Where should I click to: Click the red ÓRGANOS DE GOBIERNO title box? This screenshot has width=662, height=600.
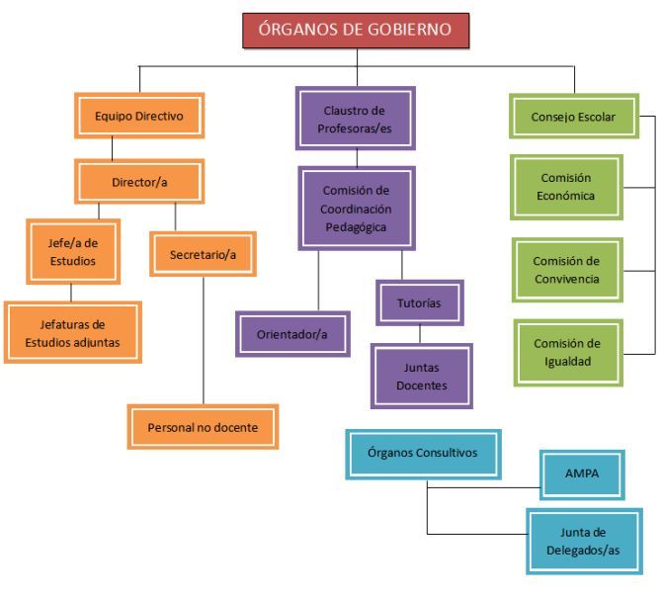point(356,30)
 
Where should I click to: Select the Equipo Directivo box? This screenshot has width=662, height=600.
point(139,116)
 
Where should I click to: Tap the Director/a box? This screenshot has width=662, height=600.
point(139,182)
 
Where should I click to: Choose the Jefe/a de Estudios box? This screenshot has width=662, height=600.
point(73,251)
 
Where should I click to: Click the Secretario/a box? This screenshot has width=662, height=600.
point(203,254)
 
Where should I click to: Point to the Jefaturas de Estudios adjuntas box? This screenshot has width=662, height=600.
point(72,332)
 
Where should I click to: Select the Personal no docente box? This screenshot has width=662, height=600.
point(203,427)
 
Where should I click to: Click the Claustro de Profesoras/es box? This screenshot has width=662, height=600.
point(355,118)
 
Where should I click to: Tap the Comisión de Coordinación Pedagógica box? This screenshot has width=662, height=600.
point(356,208)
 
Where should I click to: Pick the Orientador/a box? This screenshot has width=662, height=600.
point(291,334)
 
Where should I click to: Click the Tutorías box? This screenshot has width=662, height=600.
point(419,302)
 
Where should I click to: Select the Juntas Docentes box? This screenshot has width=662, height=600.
point(421,376)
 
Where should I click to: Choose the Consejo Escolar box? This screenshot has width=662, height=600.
point(573,116)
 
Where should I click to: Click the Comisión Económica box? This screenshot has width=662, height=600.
point(567,186)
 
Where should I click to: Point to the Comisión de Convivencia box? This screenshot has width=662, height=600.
point(567,269)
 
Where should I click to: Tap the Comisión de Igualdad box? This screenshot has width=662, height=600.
point(567,352)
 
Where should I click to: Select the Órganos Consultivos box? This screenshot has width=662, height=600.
point(422,454)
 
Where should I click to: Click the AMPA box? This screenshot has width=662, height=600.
point(582,474)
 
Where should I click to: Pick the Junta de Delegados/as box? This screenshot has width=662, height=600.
point(582,541)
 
